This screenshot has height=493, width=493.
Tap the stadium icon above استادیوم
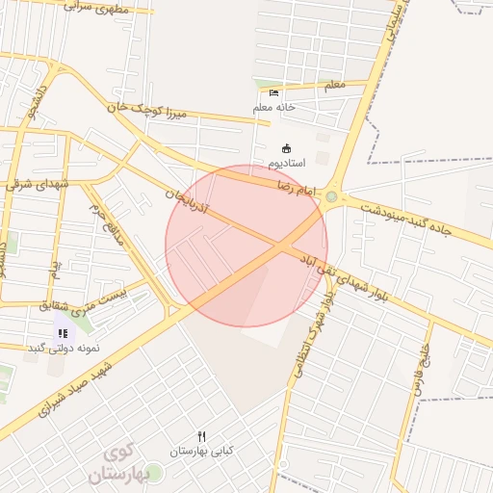coord(286,148)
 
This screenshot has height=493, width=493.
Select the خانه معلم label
coord(274,107)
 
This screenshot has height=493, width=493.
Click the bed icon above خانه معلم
coord(275,92)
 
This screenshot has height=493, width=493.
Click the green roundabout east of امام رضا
coord(332,197)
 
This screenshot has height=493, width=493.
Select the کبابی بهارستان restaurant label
coord(202,450)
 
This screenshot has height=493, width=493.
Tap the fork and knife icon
coord(202,435)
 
